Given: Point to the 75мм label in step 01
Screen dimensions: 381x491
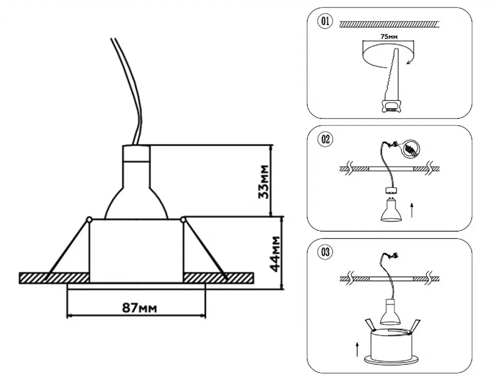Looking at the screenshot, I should [x=387, y=36].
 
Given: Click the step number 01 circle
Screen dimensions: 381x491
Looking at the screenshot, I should [x=325, y=22].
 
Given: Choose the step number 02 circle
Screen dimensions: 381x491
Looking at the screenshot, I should [x=325, y=140].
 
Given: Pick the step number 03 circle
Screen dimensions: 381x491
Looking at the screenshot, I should [x=325, y=253].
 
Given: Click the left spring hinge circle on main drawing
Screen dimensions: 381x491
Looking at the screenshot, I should [x=89, y=220].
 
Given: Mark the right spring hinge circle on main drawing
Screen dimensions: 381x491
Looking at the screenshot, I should [x=183, y=220].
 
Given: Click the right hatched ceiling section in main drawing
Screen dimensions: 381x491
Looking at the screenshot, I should [x=219, y=277].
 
